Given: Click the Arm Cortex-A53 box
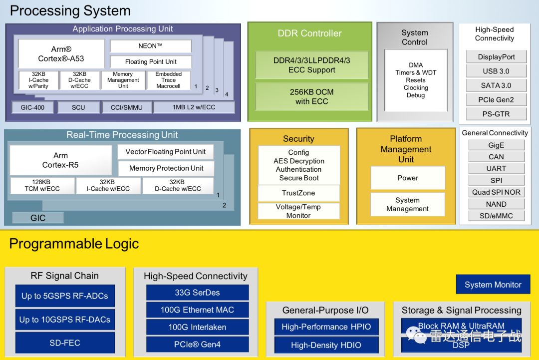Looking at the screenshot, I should point(61,54).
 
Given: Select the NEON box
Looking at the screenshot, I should point(151,46).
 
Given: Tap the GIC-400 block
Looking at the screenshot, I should point(32,107).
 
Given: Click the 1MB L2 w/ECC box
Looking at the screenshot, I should point(194,107).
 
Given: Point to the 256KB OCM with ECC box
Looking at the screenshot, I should point(311,96).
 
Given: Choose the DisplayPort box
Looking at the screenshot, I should point(496,57).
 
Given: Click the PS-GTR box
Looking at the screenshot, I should point(496,114).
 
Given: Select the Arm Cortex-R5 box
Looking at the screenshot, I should point(60,160).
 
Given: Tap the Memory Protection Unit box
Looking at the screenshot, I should point(166,168).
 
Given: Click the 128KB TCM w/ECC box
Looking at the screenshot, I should point(42,185).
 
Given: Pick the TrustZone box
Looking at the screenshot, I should point(298,193).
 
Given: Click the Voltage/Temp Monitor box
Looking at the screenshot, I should point(298,211).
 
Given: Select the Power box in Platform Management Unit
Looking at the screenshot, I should point(407,178).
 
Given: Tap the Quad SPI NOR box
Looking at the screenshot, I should point(496,192).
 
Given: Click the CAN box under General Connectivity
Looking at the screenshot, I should point(496,157).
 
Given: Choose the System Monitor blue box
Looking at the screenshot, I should point(493,285).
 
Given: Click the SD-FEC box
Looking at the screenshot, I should point(65,343).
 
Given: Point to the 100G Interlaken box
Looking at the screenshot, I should point(197,328).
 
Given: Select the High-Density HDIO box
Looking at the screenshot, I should point(326,345).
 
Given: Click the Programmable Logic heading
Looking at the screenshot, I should point(74,244).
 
